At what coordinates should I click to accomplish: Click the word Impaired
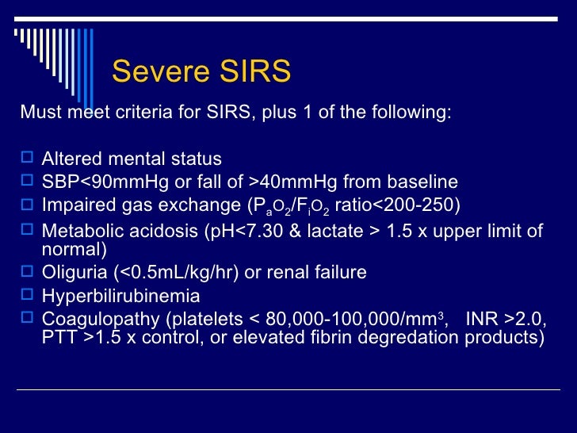point(75,205)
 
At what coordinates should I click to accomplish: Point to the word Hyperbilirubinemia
point(120,296)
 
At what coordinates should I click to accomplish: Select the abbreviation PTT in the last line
point(57,338)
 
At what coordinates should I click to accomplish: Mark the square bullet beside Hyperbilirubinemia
point(27,296)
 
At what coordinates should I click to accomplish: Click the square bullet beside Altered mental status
point(27,159)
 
